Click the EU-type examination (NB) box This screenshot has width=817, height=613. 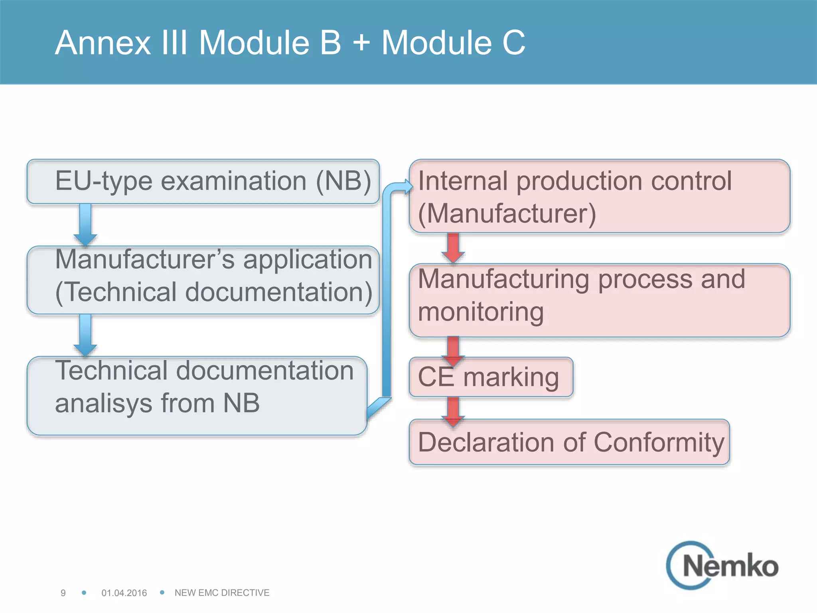click(203, 182)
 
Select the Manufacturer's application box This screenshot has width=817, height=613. click(203, 280)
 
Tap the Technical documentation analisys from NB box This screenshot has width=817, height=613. click(197, 395)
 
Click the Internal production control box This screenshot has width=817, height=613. click(599, 196)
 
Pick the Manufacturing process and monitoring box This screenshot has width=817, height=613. click(599, 300)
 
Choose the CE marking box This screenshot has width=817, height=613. click(491, 377)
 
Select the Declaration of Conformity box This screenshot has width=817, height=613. click(569, 442)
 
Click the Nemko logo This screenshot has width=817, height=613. click(722, 566)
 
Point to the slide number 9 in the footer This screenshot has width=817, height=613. click(63, 593)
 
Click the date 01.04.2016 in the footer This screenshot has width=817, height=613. click(124, 593)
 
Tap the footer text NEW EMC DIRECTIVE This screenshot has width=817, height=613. click(222, 593)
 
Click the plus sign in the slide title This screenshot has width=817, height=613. click(361, 42)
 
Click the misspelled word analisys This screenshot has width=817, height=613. click(104, 403)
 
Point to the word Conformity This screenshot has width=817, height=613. click(659, 442)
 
